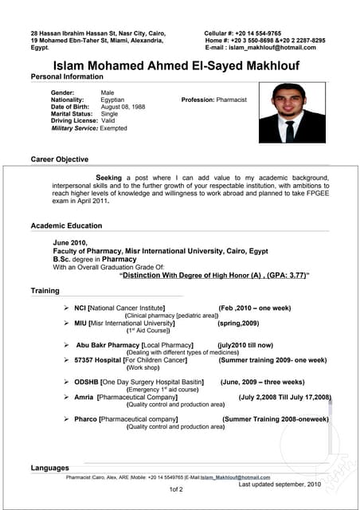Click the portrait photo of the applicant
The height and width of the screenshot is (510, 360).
click(292, 112)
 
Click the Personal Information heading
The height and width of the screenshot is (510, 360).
click(67, 76)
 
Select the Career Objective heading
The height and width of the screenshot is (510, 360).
click(60, 159)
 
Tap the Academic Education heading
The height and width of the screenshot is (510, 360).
click(67, 226)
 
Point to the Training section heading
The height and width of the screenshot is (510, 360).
click(45, 291)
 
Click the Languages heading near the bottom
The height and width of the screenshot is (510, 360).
click(50, 468)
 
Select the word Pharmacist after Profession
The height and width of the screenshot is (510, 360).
click(232, 100)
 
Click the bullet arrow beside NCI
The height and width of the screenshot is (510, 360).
click(67, 307)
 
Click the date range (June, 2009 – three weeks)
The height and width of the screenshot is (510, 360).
click(262, 382)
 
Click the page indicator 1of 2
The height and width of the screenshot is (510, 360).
click(176, 489)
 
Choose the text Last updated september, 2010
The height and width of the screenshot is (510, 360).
click(280, 484)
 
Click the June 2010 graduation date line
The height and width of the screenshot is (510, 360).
click(69, 241)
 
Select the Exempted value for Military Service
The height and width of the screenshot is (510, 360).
click(113, 128)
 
